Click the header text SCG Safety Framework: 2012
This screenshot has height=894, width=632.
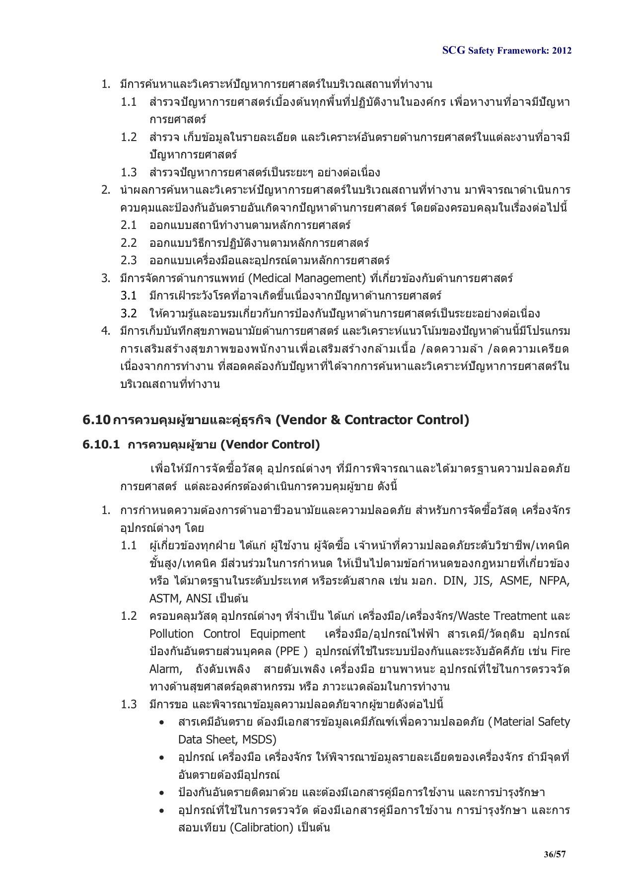coord(506,51)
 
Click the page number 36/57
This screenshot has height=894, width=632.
coord(555,854)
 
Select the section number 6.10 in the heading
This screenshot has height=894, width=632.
coord(96,420)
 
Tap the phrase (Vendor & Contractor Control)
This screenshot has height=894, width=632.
coord(372,420)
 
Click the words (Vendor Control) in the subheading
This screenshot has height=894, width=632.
coord(270,445)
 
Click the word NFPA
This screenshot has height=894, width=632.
coord(555,581)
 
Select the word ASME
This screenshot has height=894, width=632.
coord(514,581)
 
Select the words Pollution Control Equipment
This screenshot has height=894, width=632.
coord(227,634)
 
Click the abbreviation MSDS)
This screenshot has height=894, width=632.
coord(259,740)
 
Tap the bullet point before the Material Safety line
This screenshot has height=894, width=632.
coord(162,723)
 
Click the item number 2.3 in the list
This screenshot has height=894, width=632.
coord(129,261)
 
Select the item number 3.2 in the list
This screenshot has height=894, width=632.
coord(129,313)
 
